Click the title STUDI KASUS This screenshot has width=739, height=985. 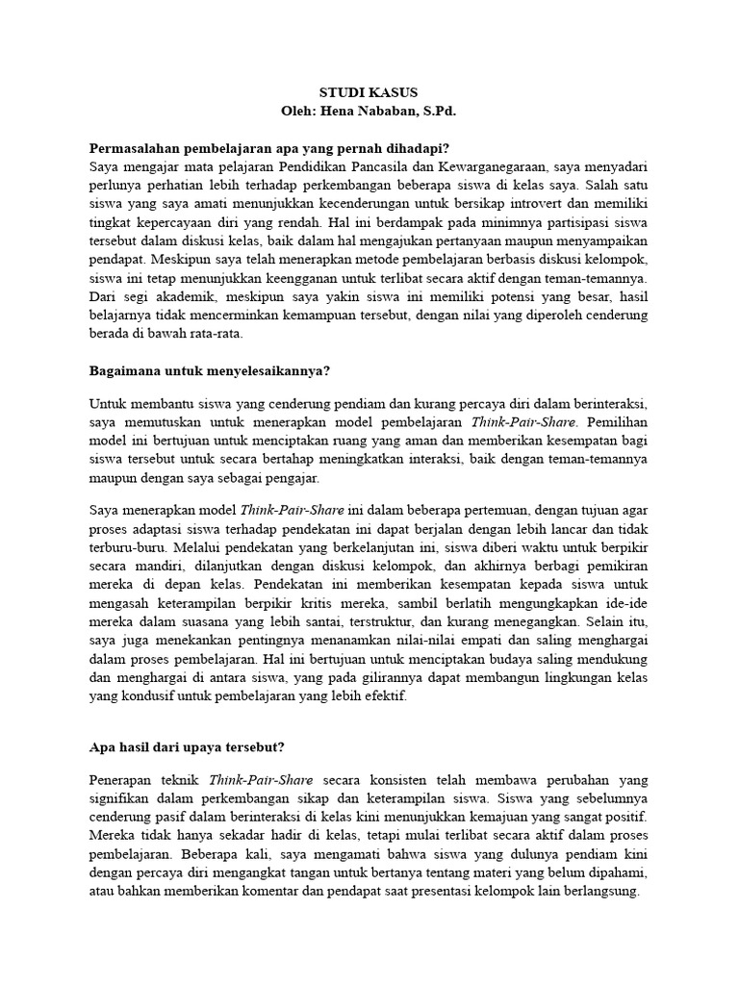point(369,93)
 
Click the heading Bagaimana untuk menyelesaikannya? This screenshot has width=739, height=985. point(209,370)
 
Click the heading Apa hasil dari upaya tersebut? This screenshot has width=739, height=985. point(188,745)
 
